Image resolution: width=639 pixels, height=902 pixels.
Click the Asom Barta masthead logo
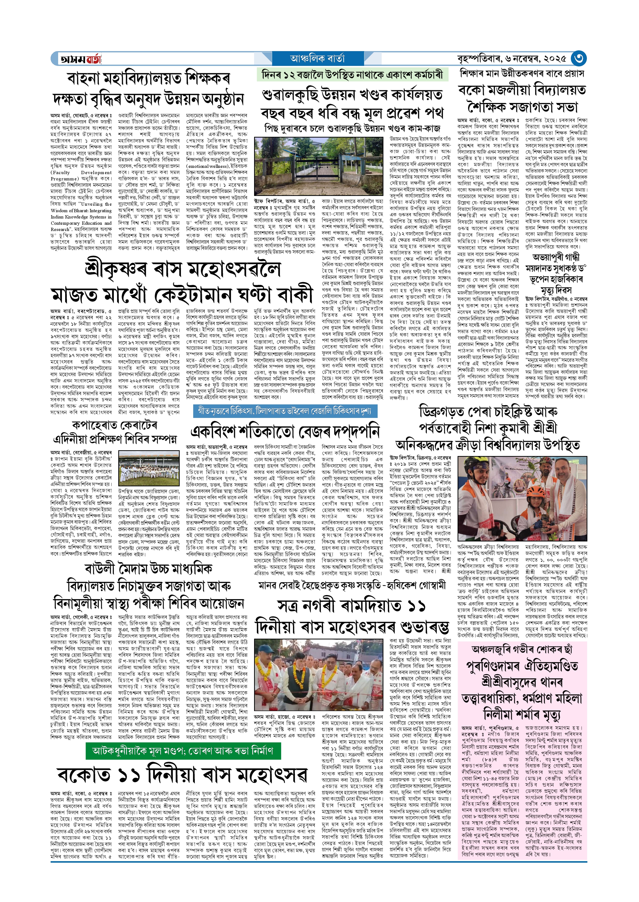pyautogui.click(x=80, y=59)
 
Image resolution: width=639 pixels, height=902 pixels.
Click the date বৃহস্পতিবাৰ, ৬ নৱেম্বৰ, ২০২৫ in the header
pyautogui.click(x=511, y=59)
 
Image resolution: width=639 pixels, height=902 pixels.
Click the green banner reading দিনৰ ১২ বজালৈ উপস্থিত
pyautogui.click(x=352, y=75)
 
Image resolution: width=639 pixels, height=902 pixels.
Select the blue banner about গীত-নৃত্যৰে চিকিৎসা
pyautogui.click(x=285, y=411)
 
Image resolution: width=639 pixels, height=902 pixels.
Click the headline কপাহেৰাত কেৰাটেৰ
pyautogui.click(x=115, y=425)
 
